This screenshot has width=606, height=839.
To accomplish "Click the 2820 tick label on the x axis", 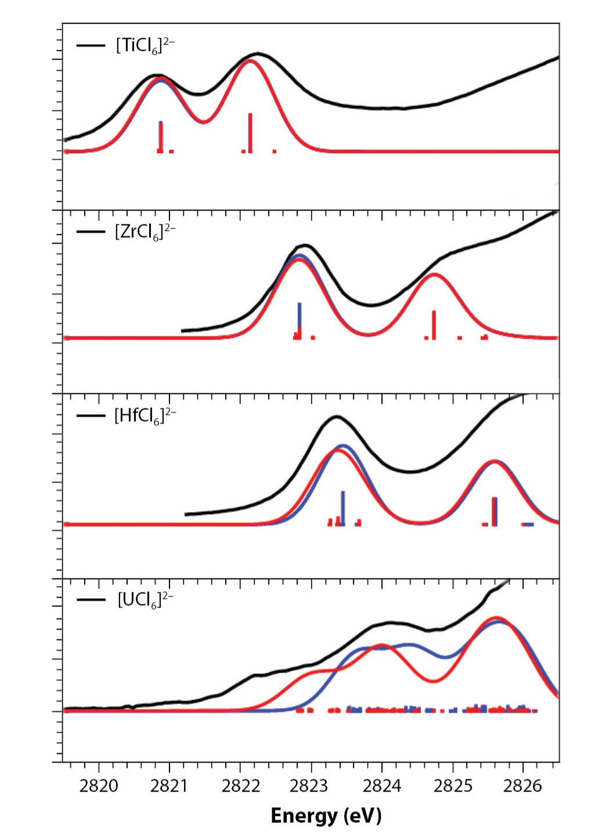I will tap(99, 786).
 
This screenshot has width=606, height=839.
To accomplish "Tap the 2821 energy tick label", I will tap(169, 786).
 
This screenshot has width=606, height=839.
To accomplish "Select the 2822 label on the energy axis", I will tap(240, 786).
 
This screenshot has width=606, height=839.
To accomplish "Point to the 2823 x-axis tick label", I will tap(311, 786).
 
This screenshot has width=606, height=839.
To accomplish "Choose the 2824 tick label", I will tap(382, 786).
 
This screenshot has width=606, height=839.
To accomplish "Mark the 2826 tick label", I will tap(523, 786).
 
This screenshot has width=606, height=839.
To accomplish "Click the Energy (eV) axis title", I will tap(326, 816).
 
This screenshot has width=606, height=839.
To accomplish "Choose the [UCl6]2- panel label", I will tap(145, 601).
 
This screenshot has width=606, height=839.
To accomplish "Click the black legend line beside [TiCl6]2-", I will tap(91, 45).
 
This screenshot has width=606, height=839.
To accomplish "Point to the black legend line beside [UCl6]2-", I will tap(92, 600).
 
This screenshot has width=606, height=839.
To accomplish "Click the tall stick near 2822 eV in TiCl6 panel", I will tap(250, 133).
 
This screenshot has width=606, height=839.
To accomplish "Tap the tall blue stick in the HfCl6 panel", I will tap(343, 508).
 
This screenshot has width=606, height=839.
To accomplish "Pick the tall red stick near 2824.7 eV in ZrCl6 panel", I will tap(434, 325).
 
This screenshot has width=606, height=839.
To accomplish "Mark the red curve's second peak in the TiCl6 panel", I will tap(250, 60).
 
